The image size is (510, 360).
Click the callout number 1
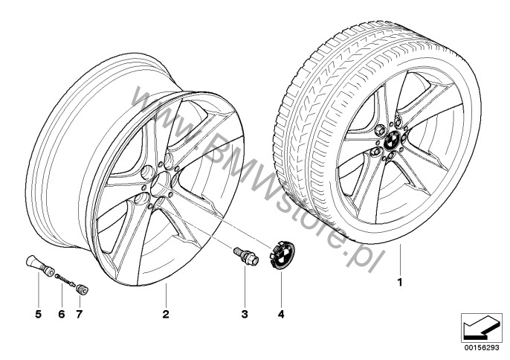(400, 282)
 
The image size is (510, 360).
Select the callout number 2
(166, 314)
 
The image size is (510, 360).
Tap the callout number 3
(245, 314)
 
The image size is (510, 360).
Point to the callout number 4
(281, 314)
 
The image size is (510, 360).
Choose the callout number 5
(39, 314)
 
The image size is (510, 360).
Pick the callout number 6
(62, 314)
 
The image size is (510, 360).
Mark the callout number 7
(80, 314)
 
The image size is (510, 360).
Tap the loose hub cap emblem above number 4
(283, 254)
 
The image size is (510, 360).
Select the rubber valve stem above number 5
(39, 266)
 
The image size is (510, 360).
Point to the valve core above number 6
(65, 280)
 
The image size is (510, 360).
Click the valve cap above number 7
(82, 289)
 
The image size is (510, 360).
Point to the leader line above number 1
(400, 260)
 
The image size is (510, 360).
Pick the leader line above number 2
(166, 295)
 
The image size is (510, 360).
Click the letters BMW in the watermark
(242, 169)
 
